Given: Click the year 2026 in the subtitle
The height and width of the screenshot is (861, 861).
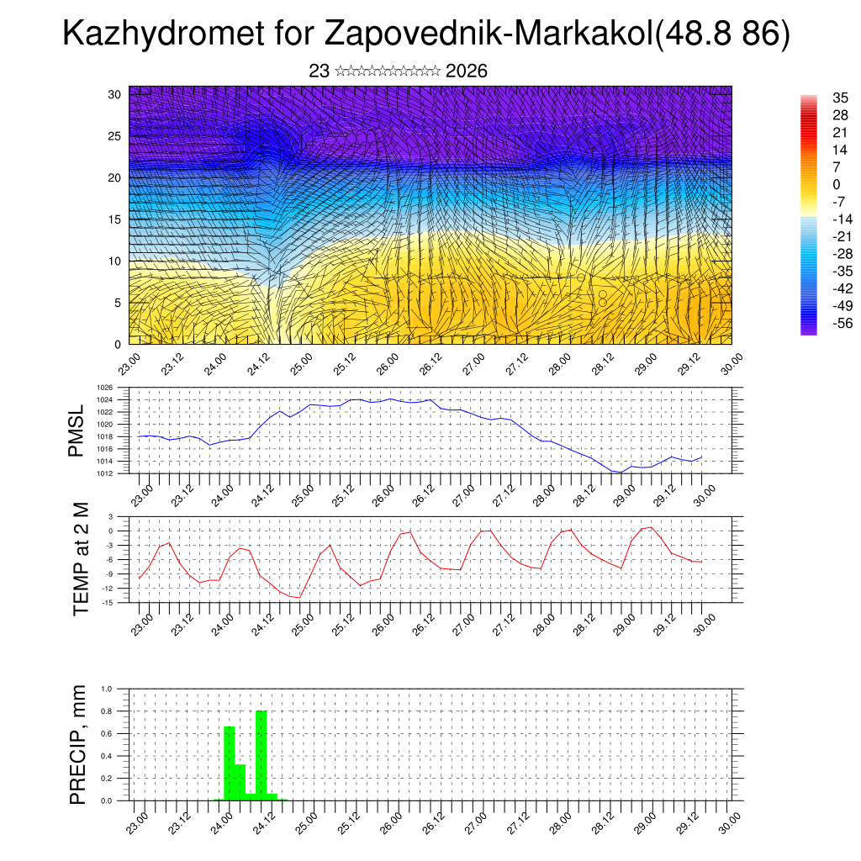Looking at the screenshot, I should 467,71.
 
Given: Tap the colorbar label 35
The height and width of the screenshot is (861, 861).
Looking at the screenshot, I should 840,98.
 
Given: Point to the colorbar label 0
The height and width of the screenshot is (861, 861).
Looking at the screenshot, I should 837,184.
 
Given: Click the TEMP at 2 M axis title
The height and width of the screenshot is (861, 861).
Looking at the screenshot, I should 81,558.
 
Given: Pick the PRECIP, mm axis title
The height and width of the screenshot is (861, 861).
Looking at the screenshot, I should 78,744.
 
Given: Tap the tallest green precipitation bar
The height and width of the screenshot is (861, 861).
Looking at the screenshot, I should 261,755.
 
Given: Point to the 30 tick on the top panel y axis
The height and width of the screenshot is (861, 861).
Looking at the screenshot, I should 114,93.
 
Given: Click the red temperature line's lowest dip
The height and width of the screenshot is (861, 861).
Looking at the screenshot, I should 298,597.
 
